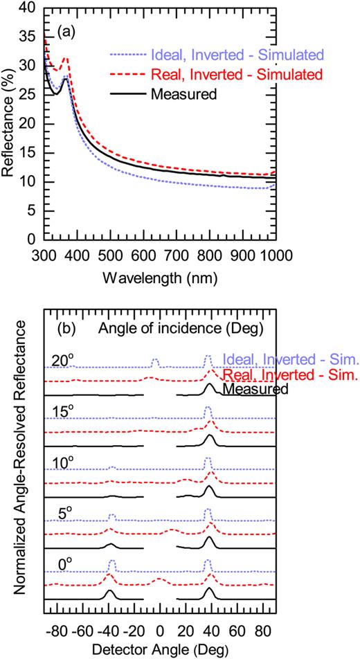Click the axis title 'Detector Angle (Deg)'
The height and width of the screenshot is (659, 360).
click(160, 649)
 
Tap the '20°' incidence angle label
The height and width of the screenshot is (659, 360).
click(60, 360)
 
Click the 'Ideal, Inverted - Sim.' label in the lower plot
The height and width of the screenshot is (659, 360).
click(290, 360)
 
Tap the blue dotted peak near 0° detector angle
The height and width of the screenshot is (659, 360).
click(155, 360)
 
